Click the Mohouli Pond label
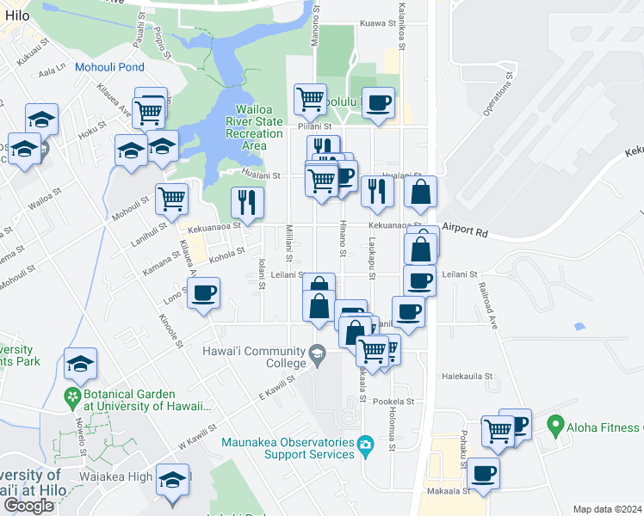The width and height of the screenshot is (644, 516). click(x=109, y=66)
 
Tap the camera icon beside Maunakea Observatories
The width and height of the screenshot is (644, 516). click(x=367, y=444)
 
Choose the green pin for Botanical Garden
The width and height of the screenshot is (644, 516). click(x=75, y=397)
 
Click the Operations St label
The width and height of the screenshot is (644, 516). click(x=497, y=94)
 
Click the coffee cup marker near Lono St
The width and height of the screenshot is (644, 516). click(x=203, y=292)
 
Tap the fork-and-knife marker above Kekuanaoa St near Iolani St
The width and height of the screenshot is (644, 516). click(x=247, y=202)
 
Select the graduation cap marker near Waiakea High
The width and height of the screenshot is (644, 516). click(x=173, y=479)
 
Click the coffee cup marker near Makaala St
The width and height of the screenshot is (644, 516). click(x=483, y=472)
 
